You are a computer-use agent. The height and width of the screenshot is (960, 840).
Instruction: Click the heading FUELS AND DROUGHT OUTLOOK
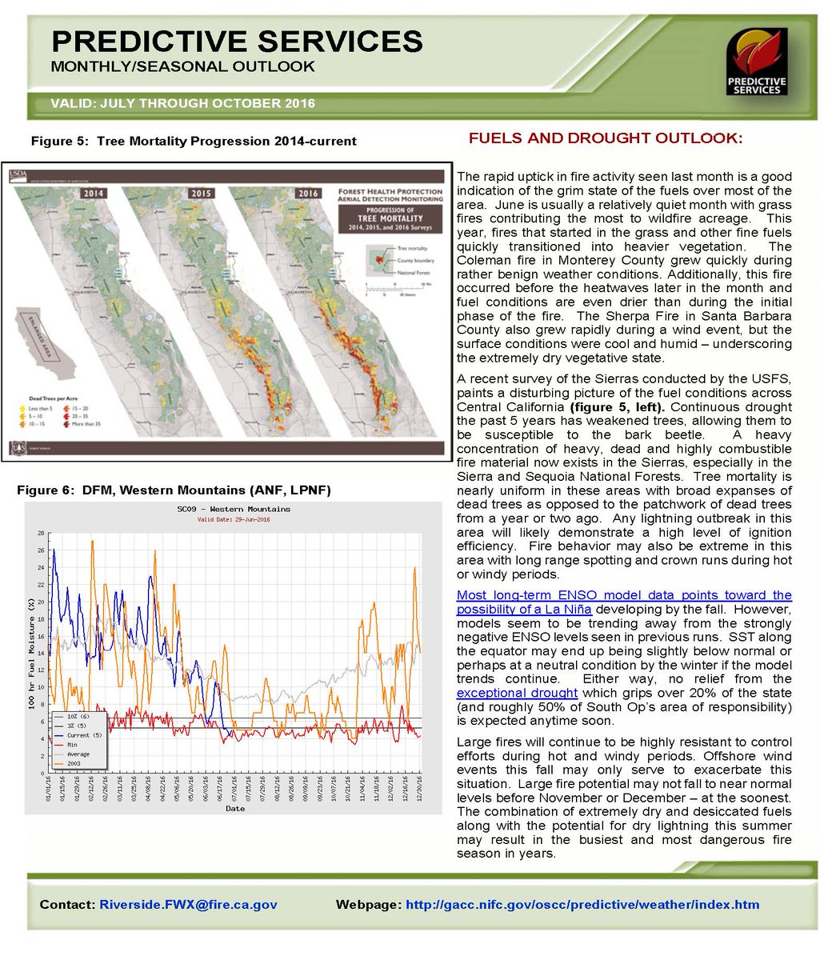605,138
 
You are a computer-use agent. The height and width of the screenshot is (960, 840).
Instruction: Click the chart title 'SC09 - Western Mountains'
234,509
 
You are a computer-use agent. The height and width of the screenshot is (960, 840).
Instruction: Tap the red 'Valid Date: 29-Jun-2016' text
234,519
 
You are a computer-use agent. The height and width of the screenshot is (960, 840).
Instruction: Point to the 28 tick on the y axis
40,533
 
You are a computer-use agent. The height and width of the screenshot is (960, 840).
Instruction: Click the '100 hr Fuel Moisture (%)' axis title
30,652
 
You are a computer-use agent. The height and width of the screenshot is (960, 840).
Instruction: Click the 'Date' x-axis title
234,809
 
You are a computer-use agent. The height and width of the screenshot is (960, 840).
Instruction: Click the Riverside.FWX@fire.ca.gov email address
188,905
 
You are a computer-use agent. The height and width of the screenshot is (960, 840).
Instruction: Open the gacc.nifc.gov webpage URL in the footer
582,905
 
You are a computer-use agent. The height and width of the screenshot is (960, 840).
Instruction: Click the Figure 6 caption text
174,490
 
